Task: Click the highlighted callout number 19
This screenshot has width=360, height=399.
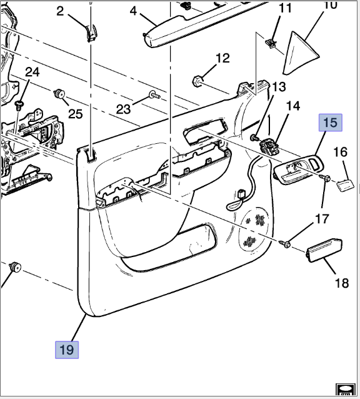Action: pos(67,349)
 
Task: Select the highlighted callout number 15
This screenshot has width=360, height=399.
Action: pos(330,122)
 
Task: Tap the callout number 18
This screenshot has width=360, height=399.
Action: pos(341,283)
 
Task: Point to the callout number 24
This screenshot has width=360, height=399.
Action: pos(32,73)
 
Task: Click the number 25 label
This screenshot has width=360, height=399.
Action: pos(75,113)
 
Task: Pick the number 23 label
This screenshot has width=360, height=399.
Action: pos(124,109)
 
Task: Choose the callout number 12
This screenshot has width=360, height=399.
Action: pos(222,59)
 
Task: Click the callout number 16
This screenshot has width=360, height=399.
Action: pos(340,152)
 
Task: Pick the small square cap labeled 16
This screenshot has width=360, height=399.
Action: pos(345,184)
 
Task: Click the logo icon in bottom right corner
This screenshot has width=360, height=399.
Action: pos(344,390)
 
